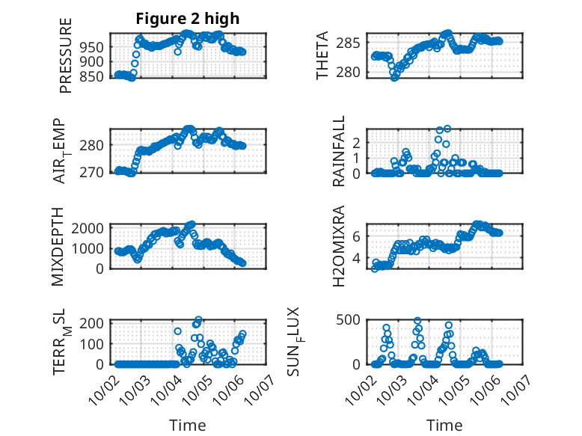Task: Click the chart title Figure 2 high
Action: tap(187, 19)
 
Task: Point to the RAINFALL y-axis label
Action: tap(340, 151)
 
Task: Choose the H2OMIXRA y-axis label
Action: tap(338, 246)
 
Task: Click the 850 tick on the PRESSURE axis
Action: tap(94, 76)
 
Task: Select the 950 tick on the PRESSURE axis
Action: tap(94, 46)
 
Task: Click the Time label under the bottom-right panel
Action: tap(444, 425)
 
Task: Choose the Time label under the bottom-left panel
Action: tap(187, 425)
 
